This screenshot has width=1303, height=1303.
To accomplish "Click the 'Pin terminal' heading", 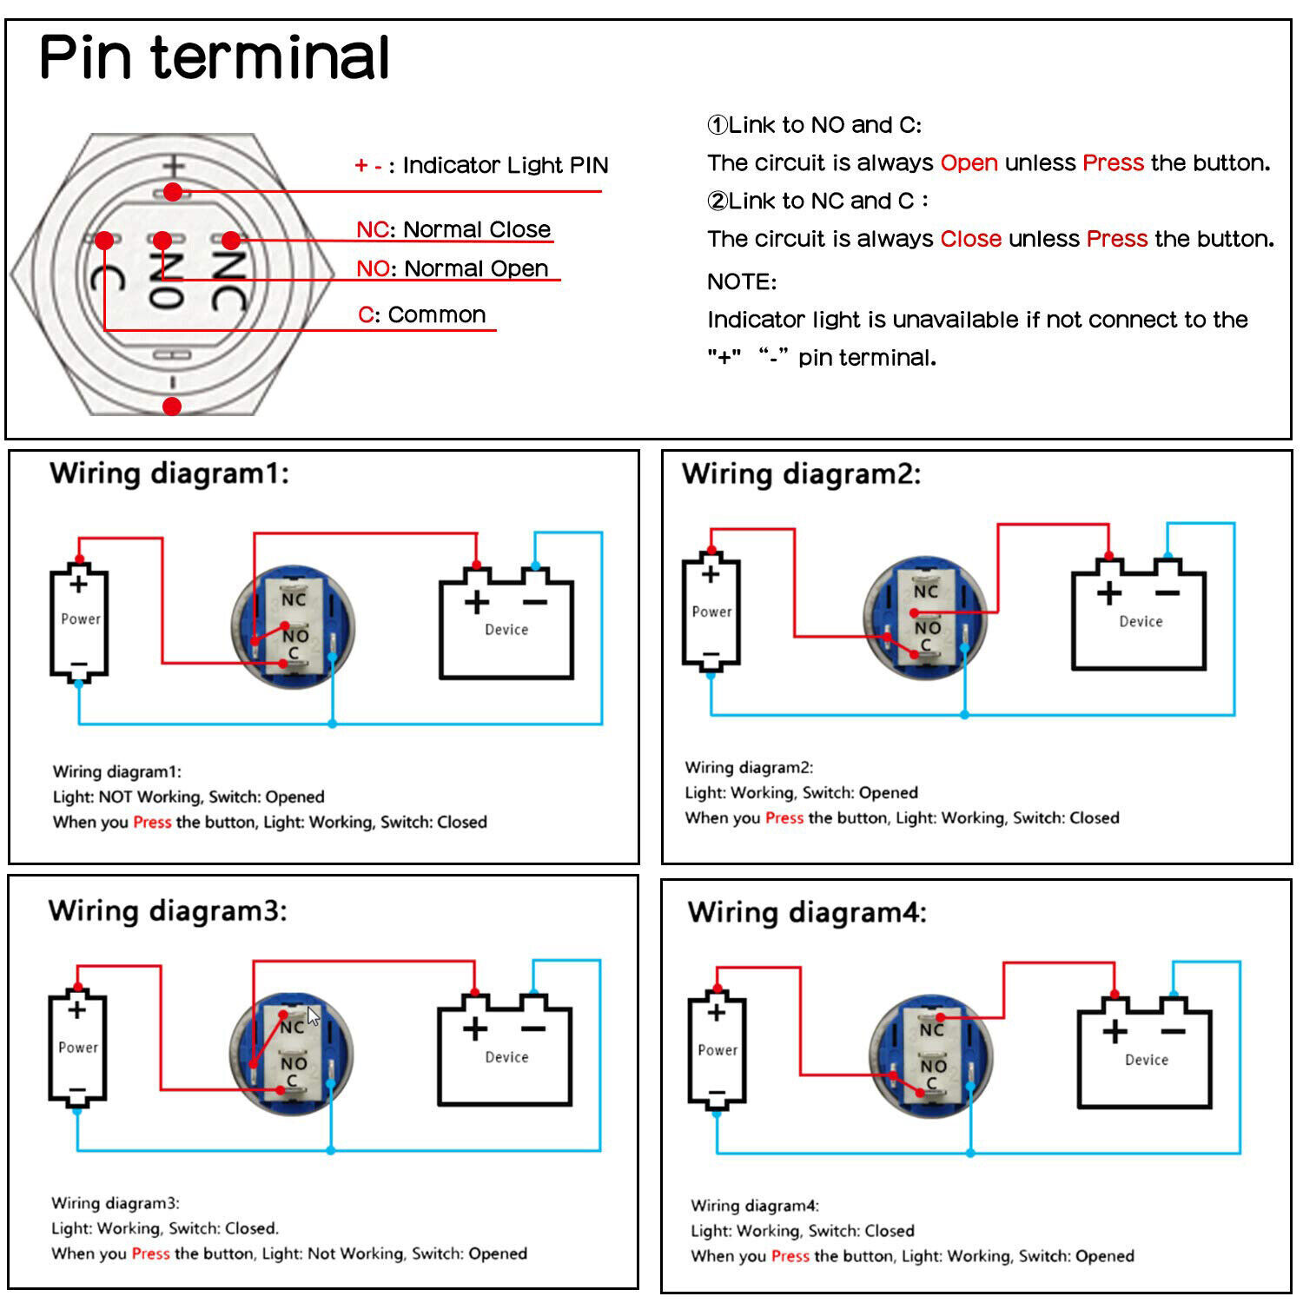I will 214,57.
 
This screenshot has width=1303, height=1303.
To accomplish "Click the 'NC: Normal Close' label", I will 453,229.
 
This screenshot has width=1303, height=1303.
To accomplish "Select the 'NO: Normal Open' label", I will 452,268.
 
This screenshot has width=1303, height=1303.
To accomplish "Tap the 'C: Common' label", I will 421,314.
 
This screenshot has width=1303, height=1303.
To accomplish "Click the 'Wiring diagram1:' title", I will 169,473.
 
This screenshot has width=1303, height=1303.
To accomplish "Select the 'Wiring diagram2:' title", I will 800,473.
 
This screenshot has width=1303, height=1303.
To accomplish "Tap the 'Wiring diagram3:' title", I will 167,910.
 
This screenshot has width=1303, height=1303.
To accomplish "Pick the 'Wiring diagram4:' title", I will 806,912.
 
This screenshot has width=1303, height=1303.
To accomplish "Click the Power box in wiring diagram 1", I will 79,622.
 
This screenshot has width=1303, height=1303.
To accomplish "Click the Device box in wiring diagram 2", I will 1139,620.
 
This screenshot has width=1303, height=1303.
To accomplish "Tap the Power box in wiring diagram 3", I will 77,1049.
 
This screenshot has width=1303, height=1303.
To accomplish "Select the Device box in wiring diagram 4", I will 1144,1058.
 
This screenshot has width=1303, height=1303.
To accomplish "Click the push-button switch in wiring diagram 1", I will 293,627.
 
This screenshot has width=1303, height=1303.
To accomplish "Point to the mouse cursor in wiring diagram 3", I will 313,1015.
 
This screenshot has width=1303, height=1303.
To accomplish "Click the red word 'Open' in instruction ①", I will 969,162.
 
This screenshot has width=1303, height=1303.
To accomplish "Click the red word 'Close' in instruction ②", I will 970,239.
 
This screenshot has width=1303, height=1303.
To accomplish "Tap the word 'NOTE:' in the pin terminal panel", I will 741,281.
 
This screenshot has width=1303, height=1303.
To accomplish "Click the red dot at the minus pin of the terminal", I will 172,406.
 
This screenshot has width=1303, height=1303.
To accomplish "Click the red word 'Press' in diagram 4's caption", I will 790,1256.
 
